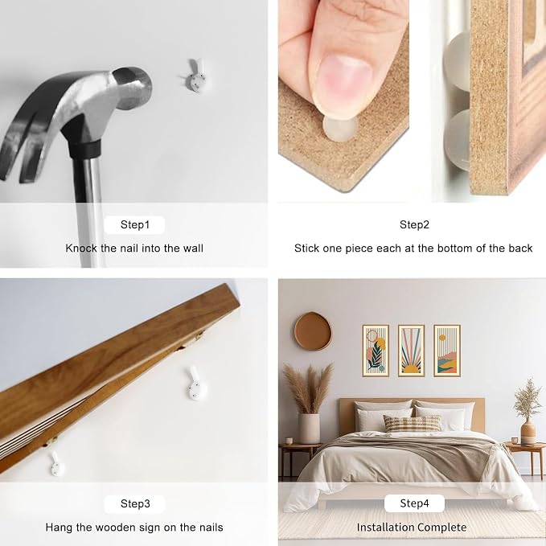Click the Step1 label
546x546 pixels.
[135, 224]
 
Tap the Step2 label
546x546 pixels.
[414, 224]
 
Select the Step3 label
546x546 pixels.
[135, 503]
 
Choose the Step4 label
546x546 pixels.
[414, 503]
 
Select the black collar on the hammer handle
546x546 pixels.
[85, 147]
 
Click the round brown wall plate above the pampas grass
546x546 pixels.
[313, 331]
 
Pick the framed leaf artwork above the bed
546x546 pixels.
[376, 351]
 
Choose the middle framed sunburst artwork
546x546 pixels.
[411, 351]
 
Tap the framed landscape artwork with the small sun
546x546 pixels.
[447, 351]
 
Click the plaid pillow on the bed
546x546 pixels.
[412, 424]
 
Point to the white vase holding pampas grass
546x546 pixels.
[309, 429]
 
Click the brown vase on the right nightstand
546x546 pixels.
[528, 432]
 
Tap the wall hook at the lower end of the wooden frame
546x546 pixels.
[55, 464]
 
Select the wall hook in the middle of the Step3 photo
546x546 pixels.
[195, 384]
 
